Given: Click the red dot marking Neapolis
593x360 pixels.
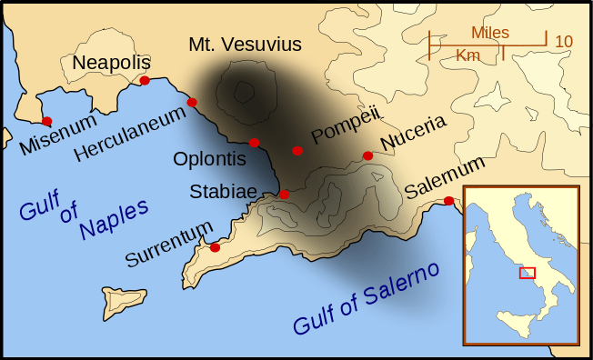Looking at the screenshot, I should [145, 81].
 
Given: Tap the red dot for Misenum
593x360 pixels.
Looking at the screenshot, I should [46, 121].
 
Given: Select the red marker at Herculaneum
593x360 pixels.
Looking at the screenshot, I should [192, 102].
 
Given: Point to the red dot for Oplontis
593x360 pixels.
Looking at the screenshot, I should [254, 142].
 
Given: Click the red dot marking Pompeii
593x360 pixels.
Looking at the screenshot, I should [297, 151].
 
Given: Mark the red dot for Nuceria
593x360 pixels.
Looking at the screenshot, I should [367, 155].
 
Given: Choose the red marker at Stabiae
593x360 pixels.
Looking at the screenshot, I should [284, 195].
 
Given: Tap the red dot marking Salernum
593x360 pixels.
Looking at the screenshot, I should [448, 201].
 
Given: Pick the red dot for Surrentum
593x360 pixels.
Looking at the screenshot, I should [215, 247].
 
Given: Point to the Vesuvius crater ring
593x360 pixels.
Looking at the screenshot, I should [244, 91].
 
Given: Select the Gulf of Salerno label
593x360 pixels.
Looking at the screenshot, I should [366, 300].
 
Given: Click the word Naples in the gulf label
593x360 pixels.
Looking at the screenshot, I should [113, 220].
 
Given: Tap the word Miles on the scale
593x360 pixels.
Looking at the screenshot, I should [489, 32].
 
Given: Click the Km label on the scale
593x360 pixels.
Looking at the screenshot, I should [468, 55].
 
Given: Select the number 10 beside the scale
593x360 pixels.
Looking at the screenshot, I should [564, 41].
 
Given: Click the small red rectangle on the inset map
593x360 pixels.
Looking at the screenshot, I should [527, 273].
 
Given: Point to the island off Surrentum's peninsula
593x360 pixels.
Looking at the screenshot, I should [124, 299].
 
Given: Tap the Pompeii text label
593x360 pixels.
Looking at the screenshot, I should [344, 124].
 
